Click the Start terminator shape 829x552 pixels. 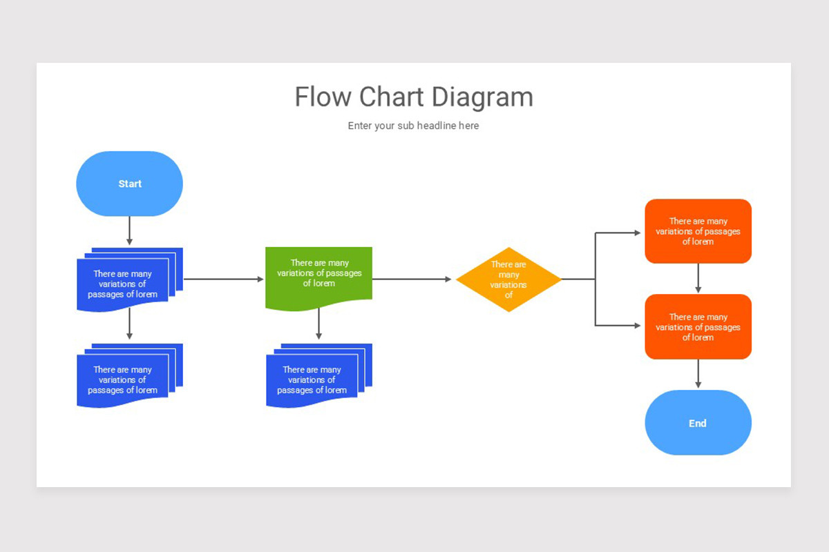[x=130, y=184]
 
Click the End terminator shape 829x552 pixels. [x=698, y=422]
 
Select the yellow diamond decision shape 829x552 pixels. [x=509, y=279]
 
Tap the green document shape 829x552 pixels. [x=318, y=279]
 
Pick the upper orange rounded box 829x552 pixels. [x=698, y=231]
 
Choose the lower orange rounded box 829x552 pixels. [x=698, y=326]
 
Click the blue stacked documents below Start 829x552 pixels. [x=130, y=280]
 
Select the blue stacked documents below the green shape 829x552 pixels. [x=319, y=375]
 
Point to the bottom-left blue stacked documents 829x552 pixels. [x=130, y=375]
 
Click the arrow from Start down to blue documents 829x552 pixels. [x=130, y=230]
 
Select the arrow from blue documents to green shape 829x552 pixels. [x=224, y=279]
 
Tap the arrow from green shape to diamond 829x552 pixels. [x=412, y=279]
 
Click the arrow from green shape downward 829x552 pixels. [x=318, y=324]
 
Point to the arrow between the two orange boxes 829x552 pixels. [x=698, y=278]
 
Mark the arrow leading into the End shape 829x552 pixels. [x=698, y=374]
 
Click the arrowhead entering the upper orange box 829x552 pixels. [x=638, y=233]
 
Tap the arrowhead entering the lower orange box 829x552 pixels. [x=638, y=326]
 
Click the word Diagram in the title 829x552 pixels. [x=482, y=97]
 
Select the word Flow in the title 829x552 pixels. [x=323, y=97]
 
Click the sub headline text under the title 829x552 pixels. [x=413, y=126]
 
